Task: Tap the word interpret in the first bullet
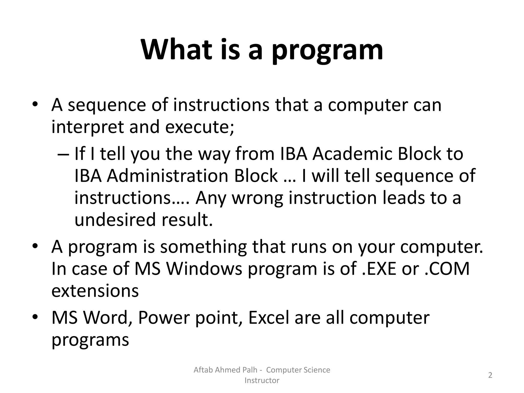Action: tap(88, 127)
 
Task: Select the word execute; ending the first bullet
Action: tap(200, 127)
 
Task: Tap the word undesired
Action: tap(115, 220)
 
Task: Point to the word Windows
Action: tap(204, 269)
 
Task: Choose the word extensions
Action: tap(95, 291)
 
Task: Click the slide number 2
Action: tap(490, 375)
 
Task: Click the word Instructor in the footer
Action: tap(262, 380)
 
